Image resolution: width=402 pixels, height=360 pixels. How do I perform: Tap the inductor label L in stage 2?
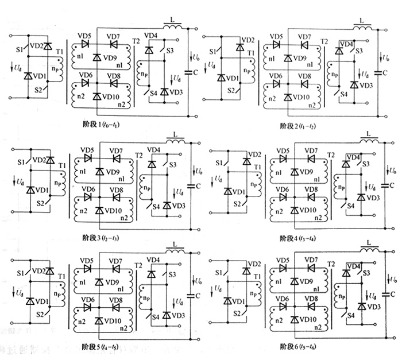(x=362, y=20)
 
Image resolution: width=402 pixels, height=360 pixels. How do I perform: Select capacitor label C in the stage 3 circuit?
(x=198, y=185)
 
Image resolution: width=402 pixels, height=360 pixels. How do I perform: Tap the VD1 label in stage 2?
(x=231, y=78)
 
